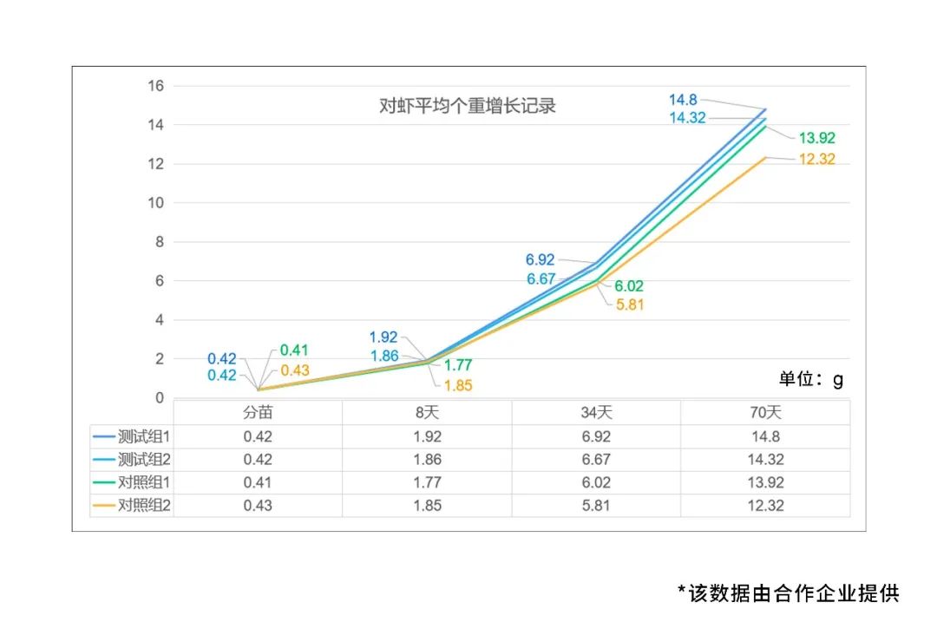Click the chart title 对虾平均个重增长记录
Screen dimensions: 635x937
coord(468,107)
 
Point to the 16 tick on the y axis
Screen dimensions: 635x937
coord(155,86)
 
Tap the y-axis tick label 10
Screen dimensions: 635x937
coord(155,203)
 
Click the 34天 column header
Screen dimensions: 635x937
coord(596,412)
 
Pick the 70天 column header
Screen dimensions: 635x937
coord(765,412)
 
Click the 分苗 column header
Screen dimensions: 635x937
coord(258,412)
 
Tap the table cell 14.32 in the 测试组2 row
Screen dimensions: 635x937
coord(765,460)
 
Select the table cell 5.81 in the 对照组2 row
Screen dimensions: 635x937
coord(596,505)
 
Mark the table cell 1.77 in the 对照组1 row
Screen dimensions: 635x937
coord(427,482)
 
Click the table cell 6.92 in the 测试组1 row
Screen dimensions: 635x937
coord(596,437)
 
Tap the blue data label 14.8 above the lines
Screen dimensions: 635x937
coord(684,101)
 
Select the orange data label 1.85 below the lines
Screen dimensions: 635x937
coord(457,386)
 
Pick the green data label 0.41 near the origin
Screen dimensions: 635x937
coord(294,350)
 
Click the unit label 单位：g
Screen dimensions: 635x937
coord(810,380)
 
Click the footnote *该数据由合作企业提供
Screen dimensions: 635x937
coord(788,592)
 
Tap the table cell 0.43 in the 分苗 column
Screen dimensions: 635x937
coord(258,505)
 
